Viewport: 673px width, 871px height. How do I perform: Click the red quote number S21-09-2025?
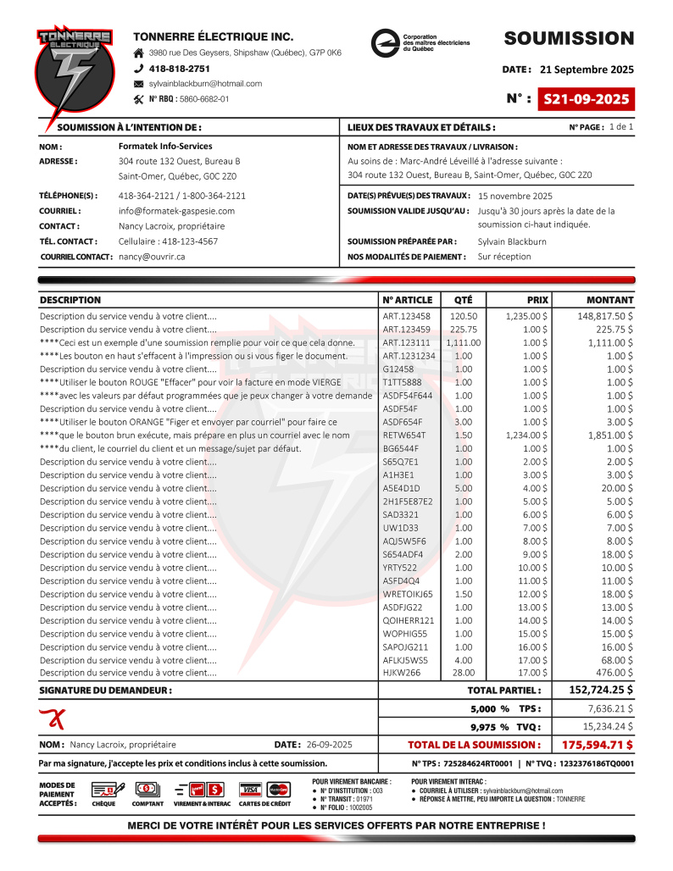[587, 99]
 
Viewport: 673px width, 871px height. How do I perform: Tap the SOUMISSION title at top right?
[569, 38]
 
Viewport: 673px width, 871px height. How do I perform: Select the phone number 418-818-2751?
[180, 68]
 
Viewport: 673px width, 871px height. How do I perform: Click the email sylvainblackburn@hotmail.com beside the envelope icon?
[205, 84]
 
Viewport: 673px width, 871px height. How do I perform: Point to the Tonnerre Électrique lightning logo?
[75, 75]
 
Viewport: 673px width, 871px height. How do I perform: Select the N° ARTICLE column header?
[407, 300]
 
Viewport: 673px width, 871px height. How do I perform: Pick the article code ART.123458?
[406, 316]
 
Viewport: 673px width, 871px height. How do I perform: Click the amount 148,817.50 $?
[605, 316]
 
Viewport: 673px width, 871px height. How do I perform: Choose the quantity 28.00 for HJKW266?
[464, 673]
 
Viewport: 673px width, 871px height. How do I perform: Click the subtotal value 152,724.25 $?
[600, 690]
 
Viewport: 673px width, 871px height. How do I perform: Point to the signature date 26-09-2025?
[330, 745]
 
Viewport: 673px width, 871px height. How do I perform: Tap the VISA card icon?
[251, 789]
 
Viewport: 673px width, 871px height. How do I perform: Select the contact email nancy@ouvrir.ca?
[152, 256]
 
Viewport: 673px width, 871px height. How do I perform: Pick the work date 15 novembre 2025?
[515, 196]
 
